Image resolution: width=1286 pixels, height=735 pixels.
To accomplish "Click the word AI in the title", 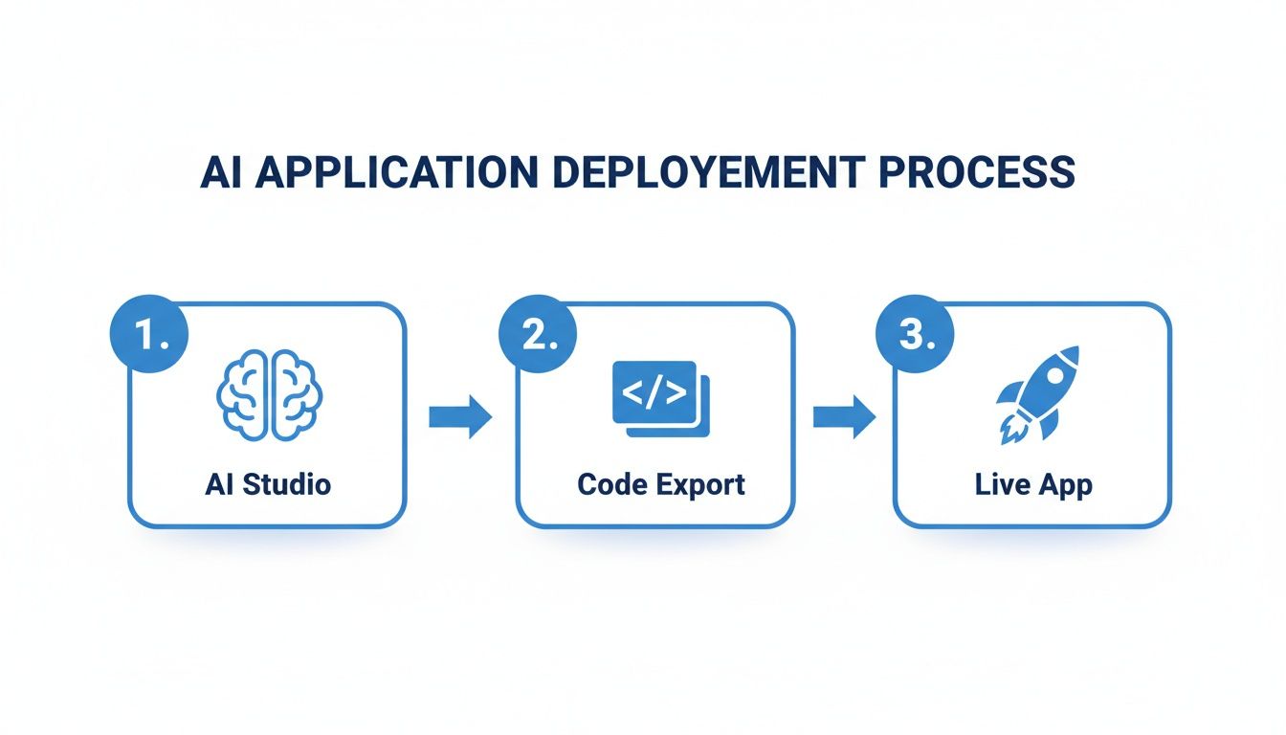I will click(x=221, y=172).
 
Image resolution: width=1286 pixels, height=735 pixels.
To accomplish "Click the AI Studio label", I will click(x=268, y=484).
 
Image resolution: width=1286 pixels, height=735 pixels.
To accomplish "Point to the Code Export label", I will click(x=661, y=484).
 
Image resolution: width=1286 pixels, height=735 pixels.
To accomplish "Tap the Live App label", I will click(x=1033, y=484).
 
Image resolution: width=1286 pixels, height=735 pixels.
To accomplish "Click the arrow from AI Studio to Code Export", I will click(x=459, y=417).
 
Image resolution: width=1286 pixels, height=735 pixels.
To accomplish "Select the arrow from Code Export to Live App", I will click(x=844, y=417).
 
